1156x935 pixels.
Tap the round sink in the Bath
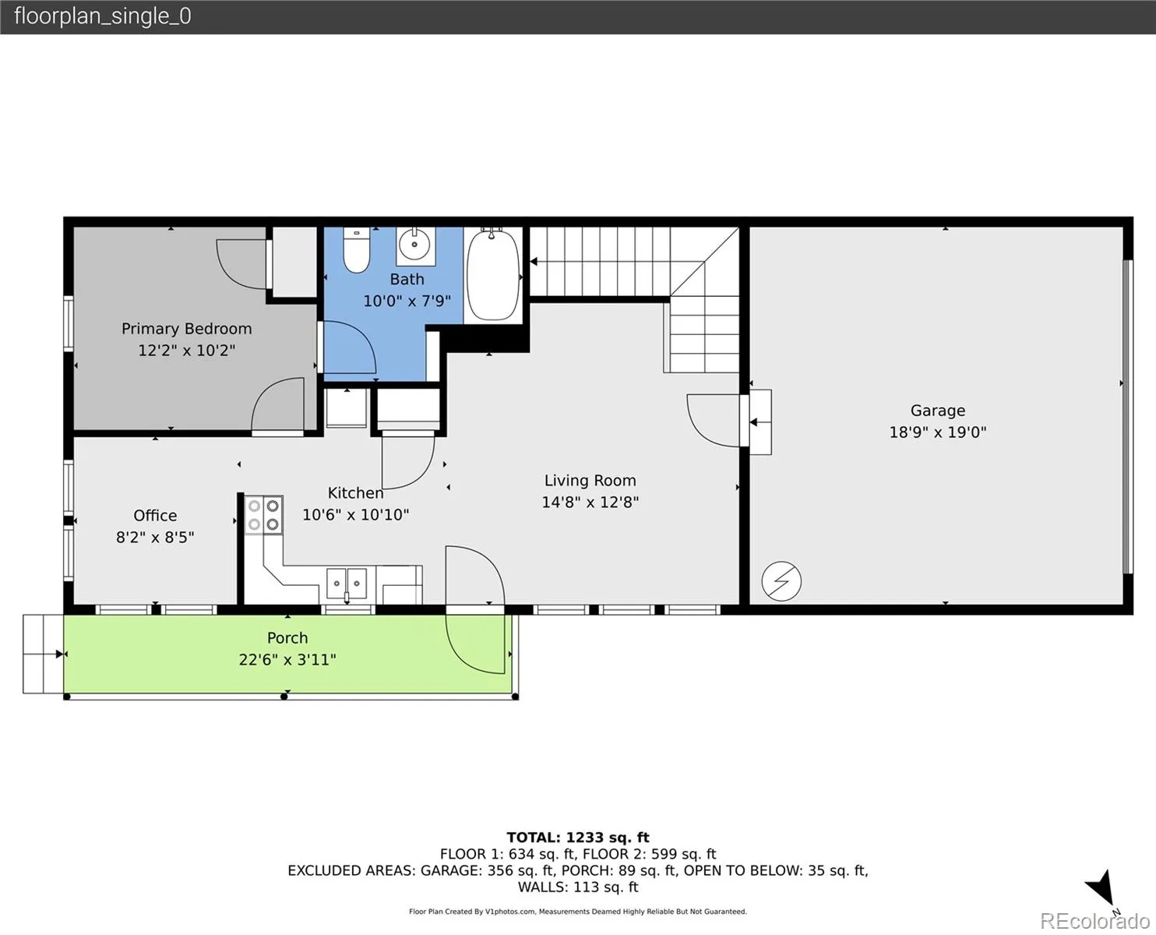(x=414, y=244)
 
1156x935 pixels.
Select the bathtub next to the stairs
(x=492, y=274)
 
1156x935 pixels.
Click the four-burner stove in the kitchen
(x=263, y=514)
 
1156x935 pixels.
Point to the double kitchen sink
(x=347, y=584)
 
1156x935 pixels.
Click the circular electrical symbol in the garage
(x=781, y=580)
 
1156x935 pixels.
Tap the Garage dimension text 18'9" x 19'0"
(x=937, y=432)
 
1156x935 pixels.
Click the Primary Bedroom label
(x=186, y=328)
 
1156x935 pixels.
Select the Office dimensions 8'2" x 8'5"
(x=155, y=537)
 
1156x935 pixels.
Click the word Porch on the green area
(x=287, y=637)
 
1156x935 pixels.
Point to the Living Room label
(x=590, y=480)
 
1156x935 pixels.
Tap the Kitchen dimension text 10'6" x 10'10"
(x=355, y=514)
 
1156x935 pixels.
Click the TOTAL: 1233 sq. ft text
(x=577, y=838)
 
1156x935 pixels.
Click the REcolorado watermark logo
(x=1094, y=921)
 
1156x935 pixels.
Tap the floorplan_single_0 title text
(x=103, y=16)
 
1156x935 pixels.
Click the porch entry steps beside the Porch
(x=43, y=654)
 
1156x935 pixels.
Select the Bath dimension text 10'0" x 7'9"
(x=407, y=301)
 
